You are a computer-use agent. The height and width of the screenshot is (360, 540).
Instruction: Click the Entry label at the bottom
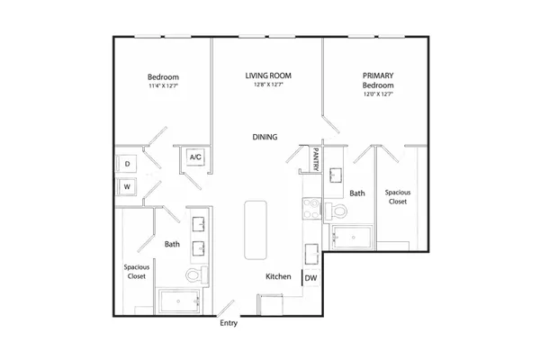pyautogui.click(x=229, y=323)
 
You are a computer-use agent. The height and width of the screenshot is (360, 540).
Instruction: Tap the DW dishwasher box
pyautogui.click(x=311, y=278)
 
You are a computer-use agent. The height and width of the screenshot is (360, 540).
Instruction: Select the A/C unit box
pyautogui.click(x=195, y=157)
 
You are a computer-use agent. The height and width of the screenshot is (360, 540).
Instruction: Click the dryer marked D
pyautogui.click(x=127, y=164)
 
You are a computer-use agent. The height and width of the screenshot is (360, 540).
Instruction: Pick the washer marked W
pyautogui.click(x=127, y=186)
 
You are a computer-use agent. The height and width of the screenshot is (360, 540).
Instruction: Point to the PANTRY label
pyautogui.click(x=316, y=158)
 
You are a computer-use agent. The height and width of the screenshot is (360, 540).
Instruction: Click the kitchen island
pyautogui.click(x=256, y=229)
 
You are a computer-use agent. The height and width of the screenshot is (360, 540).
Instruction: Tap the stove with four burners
pyautogui.click(x=312, y=209)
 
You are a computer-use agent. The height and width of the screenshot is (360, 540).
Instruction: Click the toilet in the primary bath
pyautogui.click(x=336, y=211)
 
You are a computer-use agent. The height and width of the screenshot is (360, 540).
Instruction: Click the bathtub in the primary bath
pyautogui.click(x=352, y=237)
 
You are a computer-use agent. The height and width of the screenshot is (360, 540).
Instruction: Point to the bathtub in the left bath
pyautogui.click(x=179, y=301)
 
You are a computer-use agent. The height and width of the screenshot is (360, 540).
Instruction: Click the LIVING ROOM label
pyautogui.click(x=268, y=76)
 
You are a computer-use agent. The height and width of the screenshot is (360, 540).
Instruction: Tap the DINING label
pyautogui.click(x=265, y=137)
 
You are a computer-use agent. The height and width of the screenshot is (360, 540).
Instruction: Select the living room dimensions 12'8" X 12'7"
pyautogui.click(x=268, y=85)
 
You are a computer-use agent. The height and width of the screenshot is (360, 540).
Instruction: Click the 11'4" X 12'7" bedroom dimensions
pyautogui.click(x=163, y=85)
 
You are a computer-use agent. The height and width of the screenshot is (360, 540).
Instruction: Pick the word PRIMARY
pyautogui.click(x=378, y=76)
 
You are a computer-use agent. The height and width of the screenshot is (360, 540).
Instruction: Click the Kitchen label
pyautogui.click(x=278, y=276)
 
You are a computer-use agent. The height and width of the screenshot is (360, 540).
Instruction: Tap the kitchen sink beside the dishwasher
pyautogui.click(x=311, y=254)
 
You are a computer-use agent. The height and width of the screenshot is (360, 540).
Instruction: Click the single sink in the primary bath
pyautogui.click(x=336, y=175)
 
